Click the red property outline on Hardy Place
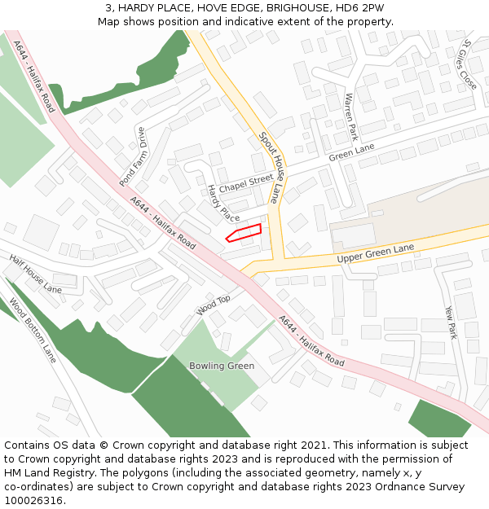[x=244, y=233]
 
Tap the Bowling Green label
[x=222, y=366]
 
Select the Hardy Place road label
[x=222, y=204]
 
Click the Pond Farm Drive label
[x=131, y=156]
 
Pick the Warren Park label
[x=351, y=116]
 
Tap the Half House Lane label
[x=35, y=274]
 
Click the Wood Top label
[x=214, y=305]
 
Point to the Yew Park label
[x=451, y=322]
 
